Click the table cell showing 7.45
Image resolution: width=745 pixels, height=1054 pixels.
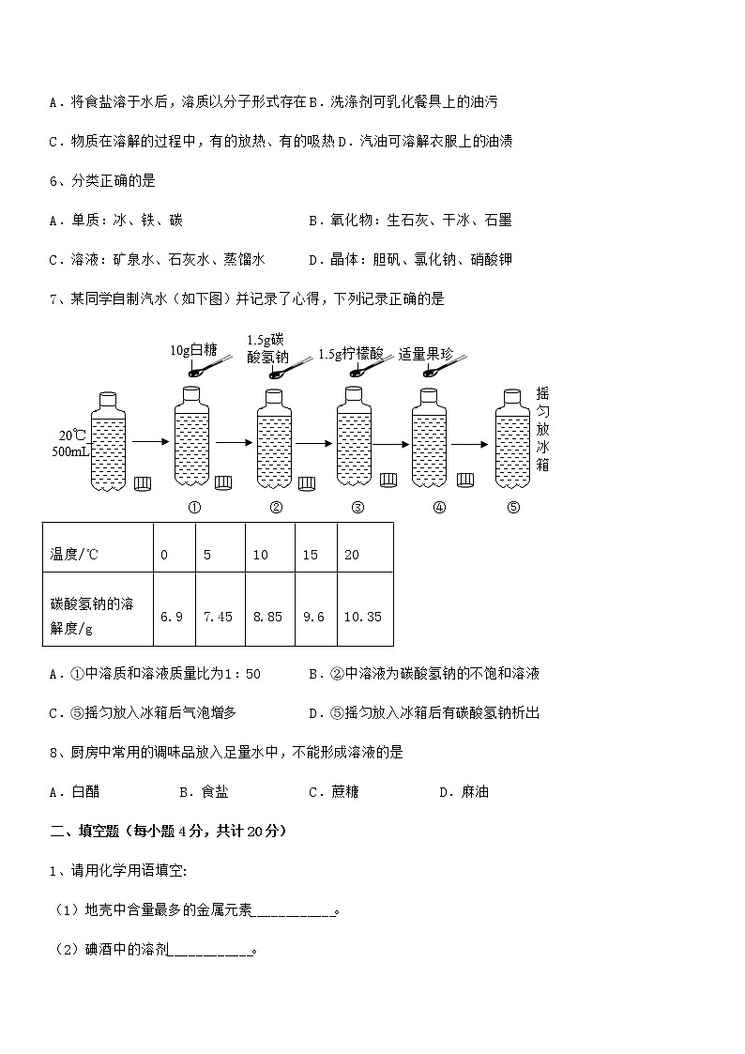pos(218,617)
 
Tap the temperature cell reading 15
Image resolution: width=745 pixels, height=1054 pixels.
pos(311,555)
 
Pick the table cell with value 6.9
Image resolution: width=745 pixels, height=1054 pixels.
pos(172,617)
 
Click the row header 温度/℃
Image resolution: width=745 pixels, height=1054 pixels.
pos(74,555)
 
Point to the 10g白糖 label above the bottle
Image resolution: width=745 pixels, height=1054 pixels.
pos(193,350)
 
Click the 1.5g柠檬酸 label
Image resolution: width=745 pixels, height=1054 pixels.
pos(351,354)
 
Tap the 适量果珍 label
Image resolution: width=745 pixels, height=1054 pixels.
pos(425,354)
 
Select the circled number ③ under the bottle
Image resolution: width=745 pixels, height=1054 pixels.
pos(357,508)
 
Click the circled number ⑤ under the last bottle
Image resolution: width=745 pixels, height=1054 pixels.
pos(513,508)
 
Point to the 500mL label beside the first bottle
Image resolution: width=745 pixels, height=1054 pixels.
pos(70,451)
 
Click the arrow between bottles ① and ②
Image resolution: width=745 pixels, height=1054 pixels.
pos(234,441)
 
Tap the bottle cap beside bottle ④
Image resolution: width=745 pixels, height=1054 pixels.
pos(465,480)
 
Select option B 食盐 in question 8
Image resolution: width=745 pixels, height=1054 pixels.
pos(205,792)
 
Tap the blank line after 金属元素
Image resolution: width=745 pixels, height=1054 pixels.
pos(295,911)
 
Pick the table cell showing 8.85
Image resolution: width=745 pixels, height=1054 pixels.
pos(267,617)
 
